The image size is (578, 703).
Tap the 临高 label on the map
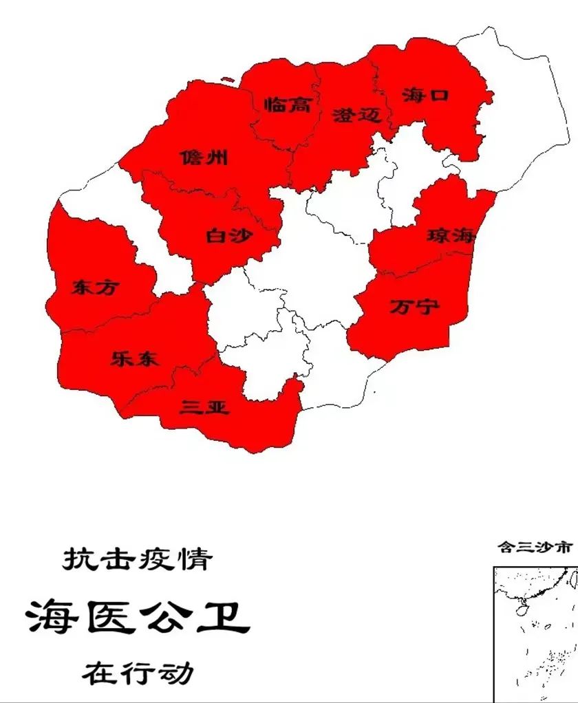point(288,105)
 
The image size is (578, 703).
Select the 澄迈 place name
point(356,115)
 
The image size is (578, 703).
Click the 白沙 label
point(229,237)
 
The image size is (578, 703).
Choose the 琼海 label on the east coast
point(451,235)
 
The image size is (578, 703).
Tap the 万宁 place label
point(414,306)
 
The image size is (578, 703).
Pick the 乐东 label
point(134,358)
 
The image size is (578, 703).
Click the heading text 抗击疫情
point(137,559)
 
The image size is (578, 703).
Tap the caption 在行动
point(138,672)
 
